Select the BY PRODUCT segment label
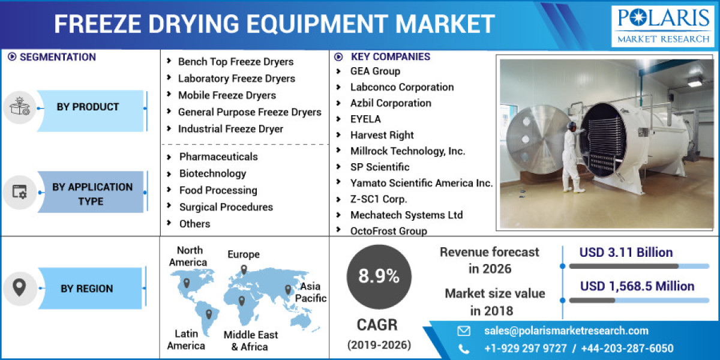[x=88, y=107]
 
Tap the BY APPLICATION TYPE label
[x=92, y=194]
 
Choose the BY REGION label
[x=86, y=289]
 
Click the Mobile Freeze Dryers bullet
[x=226, y=95]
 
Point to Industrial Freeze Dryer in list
[x=230, y=129]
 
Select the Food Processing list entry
[x=218, y=190]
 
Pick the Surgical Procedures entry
[x=226, y=207]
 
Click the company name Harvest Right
[x=382, y=135]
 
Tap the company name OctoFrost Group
[x=388, y=231]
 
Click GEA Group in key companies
[x=375, y=71]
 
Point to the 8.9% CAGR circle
[x=379, y=277]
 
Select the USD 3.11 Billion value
[x=626, y=253]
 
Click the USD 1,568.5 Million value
[x=637, y=286]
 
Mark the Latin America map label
[x=186, y=340]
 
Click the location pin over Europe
[x=243, y=269]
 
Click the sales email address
[x=566, y=331]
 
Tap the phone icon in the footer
[x=464, y=349]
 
